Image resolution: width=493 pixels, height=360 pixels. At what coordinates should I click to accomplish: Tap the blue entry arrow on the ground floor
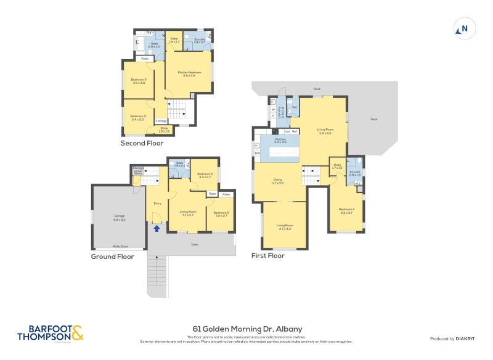tap(157, 228)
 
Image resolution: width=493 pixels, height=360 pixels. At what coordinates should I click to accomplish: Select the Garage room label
tap(119, 217)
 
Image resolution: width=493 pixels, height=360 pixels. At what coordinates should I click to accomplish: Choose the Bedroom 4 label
tap(346, 211)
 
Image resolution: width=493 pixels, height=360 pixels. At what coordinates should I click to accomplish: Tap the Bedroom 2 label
tap(138, 117)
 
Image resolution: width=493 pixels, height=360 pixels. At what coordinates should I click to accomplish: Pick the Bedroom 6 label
tap(205, 175)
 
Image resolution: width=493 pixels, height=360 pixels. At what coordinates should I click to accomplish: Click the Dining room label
tap(277, 182)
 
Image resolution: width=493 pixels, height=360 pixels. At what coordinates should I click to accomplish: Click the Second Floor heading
tap(142, 143)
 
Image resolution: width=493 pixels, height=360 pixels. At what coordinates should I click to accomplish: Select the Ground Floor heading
tap(112, 256)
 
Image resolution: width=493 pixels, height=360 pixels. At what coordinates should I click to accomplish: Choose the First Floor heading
tap(267, 255)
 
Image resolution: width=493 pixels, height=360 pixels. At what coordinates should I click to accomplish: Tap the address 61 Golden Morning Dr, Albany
tap(246, 329)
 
